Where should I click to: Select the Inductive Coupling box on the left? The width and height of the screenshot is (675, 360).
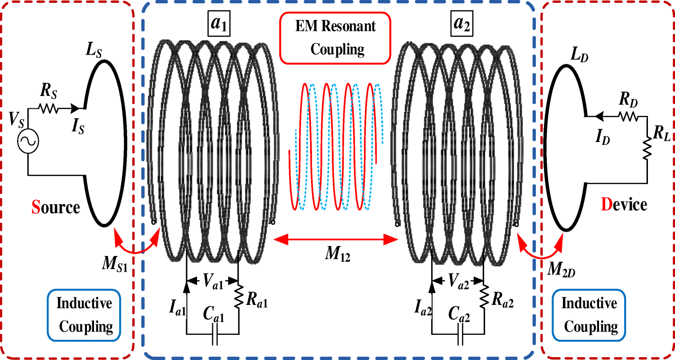[x=84, y=314]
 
